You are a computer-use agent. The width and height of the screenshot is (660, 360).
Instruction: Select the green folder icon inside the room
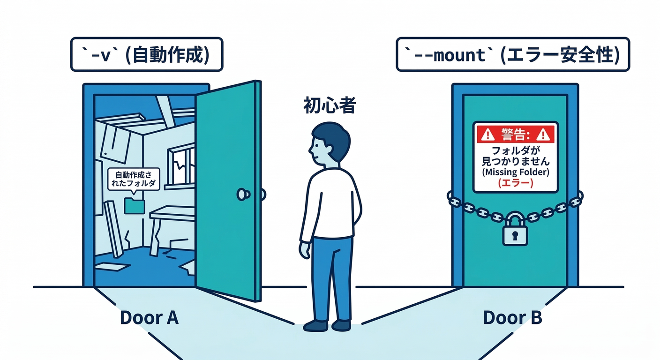pyautogui.click(x=135, y=205)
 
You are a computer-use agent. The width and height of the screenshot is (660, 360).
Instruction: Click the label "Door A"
pyautogui.click(x=149, y=318)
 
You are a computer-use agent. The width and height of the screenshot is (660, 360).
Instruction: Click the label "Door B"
pyautogui.click(x=512, y=318)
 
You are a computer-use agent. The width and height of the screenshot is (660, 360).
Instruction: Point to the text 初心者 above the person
pyautogui.click(x=329, y=106)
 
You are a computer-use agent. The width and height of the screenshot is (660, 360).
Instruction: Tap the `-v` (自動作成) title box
pyautogui.click(x=146, y=55)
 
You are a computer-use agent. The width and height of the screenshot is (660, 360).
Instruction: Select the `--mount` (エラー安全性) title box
pyautogui.click(x=512, y=55)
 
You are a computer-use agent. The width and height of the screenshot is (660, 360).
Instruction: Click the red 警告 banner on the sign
pyautogui.click(x=515, y=134)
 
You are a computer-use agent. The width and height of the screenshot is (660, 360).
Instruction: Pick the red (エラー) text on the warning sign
pyautogui.click(x=515, y=184)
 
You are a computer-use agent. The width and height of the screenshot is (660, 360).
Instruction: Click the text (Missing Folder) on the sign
pyautogui.click(x=515, y=172)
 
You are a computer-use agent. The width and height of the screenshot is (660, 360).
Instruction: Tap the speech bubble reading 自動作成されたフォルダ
pyautogui.click(x=134, y=179)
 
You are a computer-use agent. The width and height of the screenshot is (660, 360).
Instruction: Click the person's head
pyautogui.click(x=329, y=143)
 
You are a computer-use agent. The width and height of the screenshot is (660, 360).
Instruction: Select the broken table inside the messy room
pyautogui.click(x=171, y=220)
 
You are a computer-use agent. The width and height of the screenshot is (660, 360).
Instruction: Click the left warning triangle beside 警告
pyautogui.click(x=487, y=135)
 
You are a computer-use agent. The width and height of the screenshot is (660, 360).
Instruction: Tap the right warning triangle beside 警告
pyautogui.click(x=543, y=135)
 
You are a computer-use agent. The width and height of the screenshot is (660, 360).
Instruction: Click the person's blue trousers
pyautogui.click(x=332, y=277)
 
